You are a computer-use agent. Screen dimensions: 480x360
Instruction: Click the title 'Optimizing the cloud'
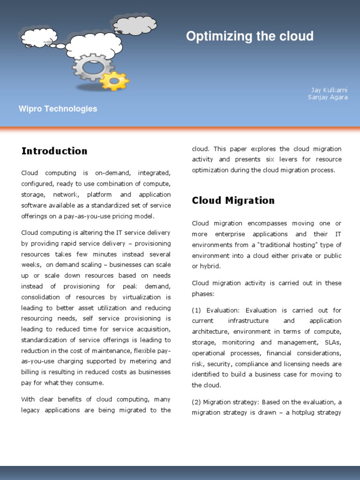[249, 37]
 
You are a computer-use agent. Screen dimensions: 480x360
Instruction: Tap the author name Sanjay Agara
[328, 97]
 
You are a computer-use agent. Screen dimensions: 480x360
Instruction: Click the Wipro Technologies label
[58, 109]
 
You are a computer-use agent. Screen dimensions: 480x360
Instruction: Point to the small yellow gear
[114, 81]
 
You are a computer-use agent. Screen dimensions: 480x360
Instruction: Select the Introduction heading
[54, 151]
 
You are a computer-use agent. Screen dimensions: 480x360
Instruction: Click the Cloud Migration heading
[233, 201]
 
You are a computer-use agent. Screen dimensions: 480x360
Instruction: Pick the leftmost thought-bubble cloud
[38, 37]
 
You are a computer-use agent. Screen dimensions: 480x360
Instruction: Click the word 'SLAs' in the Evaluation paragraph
[333, 343]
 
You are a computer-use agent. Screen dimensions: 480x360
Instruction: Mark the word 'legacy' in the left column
[31, 410]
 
